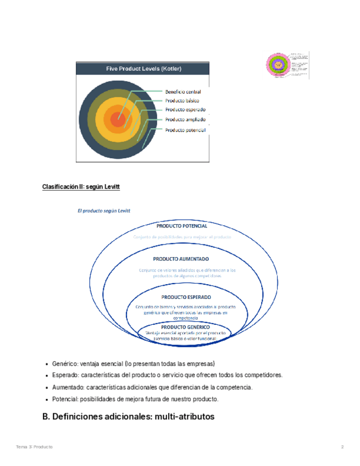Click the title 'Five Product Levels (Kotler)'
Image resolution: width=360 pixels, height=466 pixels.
click(x=143, y=69)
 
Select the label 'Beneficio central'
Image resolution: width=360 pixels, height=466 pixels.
click(x=183, y=92)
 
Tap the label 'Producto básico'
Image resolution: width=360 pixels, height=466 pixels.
click(x=182, y=101)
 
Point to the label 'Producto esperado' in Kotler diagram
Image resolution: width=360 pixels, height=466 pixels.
click(x=184, y=110)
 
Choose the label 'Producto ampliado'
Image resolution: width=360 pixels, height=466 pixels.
click(x=185, y=119)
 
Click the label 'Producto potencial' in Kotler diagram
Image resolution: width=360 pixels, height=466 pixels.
click(x=185, y=130)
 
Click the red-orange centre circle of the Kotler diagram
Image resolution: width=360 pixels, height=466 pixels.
click(x=117, y=119)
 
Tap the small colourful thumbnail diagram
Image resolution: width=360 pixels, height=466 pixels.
click(x=287, y=65)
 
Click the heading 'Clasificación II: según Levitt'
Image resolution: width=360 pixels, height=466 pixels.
click(x=81, y=187)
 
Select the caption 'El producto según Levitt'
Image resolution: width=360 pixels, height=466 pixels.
click(x=104, y=210)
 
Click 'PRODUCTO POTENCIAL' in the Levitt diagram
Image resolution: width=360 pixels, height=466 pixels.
click(x=182, y=226)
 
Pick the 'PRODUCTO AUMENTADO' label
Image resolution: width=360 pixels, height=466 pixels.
click(x=181, y=259)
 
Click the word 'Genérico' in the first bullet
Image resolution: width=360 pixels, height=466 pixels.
click(x=64, y=364)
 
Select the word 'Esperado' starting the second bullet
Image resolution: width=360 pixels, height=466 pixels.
click(x=65, y=375)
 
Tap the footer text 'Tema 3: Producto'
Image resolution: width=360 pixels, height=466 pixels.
click(x=34, y=447)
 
